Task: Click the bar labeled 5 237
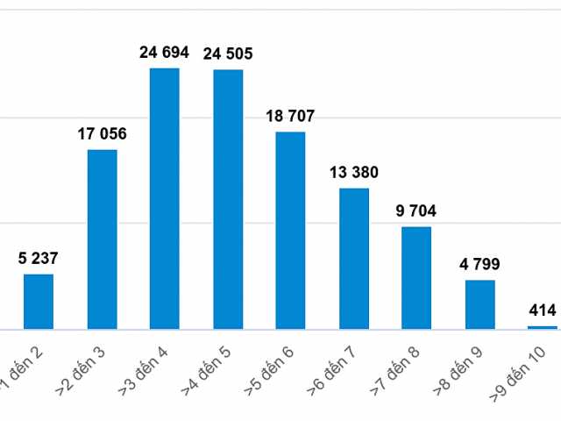[x=39, y=302]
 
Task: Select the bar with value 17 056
[x=102, y=239]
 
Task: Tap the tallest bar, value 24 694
[x=165, y=198]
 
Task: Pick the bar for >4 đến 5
[x=228, y=199]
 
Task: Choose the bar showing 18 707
[x=291, y=231]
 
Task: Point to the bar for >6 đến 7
[x=354, y=259]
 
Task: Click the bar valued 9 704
[x=417, y=278]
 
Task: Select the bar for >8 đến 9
[x=480, y=304]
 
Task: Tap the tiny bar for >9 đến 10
[x=543, y=327]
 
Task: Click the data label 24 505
[x=228, y=54]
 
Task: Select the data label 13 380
[x=354, y=172]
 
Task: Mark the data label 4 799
[x=480, y=264]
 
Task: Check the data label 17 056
[x=102, y=134]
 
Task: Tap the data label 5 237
[x=39, y=259]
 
